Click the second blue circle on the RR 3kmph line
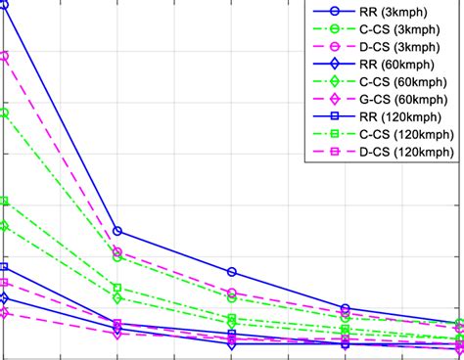point(117,231)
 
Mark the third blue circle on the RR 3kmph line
point(232,272)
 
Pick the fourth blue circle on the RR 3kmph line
point(345,308)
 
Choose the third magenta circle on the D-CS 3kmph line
point(232,293)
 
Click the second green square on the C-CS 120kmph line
point(117,288)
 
